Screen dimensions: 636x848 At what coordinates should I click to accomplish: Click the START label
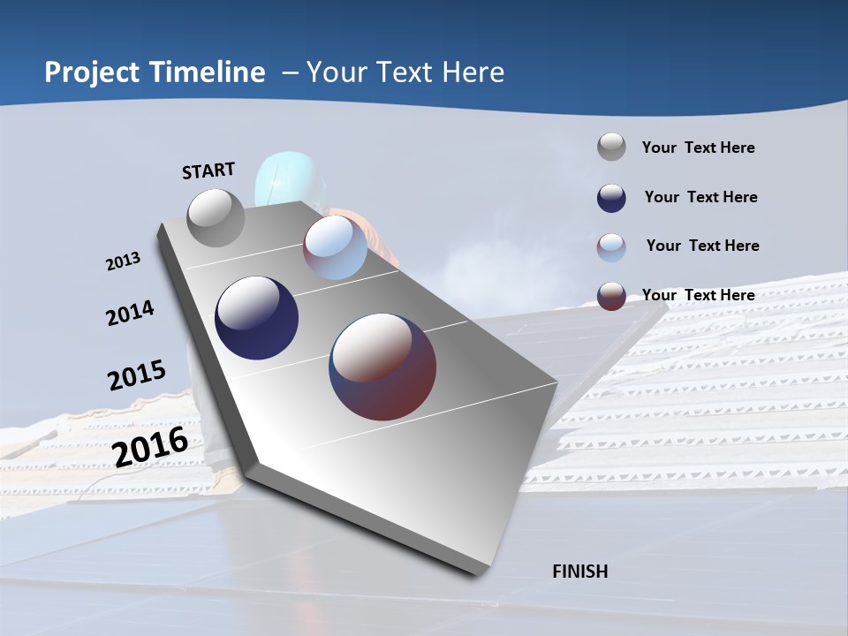tap(208, 170)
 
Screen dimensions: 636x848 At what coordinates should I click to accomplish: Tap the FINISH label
tap(580, 572)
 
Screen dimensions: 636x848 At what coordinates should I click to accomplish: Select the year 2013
tap(123, 261)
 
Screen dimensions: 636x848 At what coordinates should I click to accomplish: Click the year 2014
tap(130, 314)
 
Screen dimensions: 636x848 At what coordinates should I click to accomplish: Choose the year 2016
tap(150, 446)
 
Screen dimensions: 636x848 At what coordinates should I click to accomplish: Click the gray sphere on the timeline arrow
tap(216, 218)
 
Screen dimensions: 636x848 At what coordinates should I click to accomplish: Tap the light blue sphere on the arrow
tap(335, 247)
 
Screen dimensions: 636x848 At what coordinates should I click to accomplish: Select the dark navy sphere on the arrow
tap(256, 318)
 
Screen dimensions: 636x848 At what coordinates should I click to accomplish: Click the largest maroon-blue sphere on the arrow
tap(382, 367)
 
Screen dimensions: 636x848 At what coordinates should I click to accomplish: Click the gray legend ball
tap(611, 148)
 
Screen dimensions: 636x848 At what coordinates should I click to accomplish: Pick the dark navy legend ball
tap(611, 198)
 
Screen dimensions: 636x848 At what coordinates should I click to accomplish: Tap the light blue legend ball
tap(611, 247)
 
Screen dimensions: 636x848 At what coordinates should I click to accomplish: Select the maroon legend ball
tap(611, 296)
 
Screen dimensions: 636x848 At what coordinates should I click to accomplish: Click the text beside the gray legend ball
tap(698, 148)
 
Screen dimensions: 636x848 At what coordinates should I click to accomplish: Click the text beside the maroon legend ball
tap(698, 295)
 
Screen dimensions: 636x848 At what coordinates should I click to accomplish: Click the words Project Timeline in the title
tap(155, 72)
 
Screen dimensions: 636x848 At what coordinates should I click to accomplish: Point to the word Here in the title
tap(473, 72)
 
